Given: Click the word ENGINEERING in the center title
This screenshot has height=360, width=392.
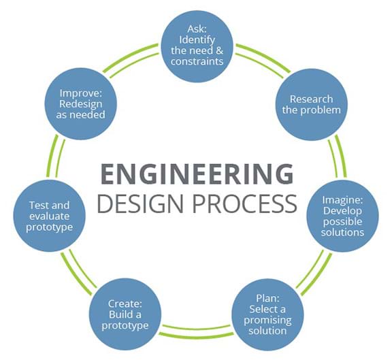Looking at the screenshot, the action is point(197,174).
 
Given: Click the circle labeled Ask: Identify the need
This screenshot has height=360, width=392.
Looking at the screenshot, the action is point(197,46).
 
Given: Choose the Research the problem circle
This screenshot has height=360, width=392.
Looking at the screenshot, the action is point(312,105).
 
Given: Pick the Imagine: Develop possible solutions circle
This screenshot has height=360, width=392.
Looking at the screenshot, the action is point(342,216).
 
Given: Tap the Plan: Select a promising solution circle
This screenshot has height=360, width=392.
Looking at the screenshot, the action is point(267,315).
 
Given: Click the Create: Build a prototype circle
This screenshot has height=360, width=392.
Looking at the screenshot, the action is point(125,314).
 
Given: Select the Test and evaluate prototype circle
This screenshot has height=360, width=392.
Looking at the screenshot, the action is point(49,216).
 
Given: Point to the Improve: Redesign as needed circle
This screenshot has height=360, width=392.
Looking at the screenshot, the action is point(81,104).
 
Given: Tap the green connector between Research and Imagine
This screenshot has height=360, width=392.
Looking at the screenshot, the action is point(338,157).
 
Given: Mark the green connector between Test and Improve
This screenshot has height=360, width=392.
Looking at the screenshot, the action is point(56,157).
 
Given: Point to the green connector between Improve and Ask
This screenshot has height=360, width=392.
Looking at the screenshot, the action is point(131,60).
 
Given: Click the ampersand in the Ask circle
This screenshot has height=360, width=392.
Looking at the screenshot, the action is point(219,50).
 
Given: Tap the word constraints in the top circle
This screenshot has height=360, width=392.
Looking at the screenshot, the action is point(197,61).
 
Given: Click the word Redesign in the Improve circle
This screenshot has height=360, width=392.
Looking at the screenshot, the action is point(81,105).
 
